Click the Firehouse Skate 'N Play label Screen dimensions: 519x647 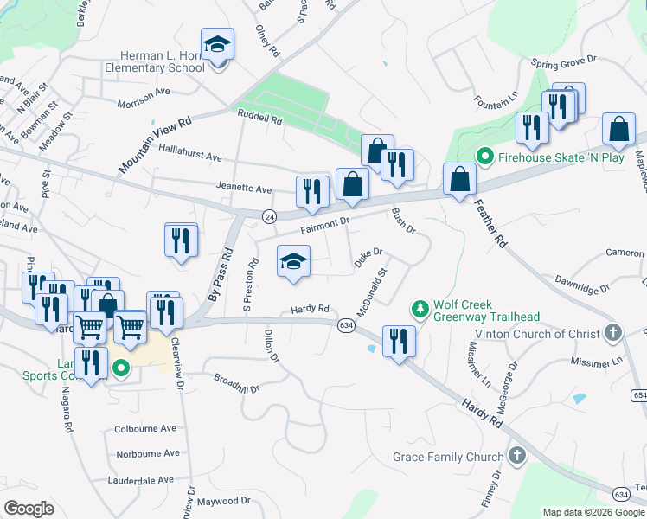tap(564, 157)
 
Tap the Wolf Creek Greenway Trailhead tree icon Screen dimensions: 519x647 tap(420, 309)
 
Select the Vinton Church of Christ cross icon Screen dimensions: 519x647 tap(612, 332)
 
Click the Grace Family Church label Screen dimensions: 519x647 tap(447, 457)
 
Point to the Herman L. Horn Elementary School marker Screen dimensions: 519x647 tap(218, 47)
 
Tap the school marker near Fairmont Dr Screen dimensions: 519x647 tap(293, 263)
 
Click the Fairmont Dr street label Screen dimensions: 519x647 tap(324, 226)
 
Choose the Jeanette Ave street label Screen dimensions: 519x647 tap(245, 189)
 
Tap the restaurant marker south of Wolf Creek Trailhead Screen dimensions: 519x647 tap(399, 340)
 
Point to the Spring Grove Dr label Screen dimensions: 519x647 tap(564, 62)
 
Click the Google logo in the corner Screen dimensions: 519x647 tap(29, 509)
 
